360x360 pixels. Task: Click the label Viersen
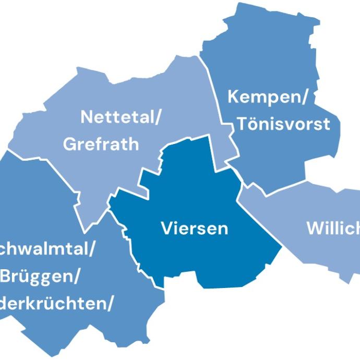click(194, 229)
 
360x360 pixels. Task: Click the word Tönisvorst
click(283, 124)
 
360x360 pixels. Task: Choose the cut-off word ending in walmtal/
click(47, 249)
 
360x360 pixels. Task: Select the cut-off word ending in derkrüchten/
click(56, 304)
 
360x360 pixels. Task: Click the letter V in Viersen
click(166, 229)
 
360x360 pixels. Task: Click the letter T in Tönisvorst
click(242, 124)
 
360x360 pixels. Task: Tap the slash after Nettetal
click(157, 117)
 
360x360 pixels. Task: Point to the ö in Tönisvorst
click(253, 124)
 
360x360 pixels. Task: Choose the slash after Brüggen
click(77, 277)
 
